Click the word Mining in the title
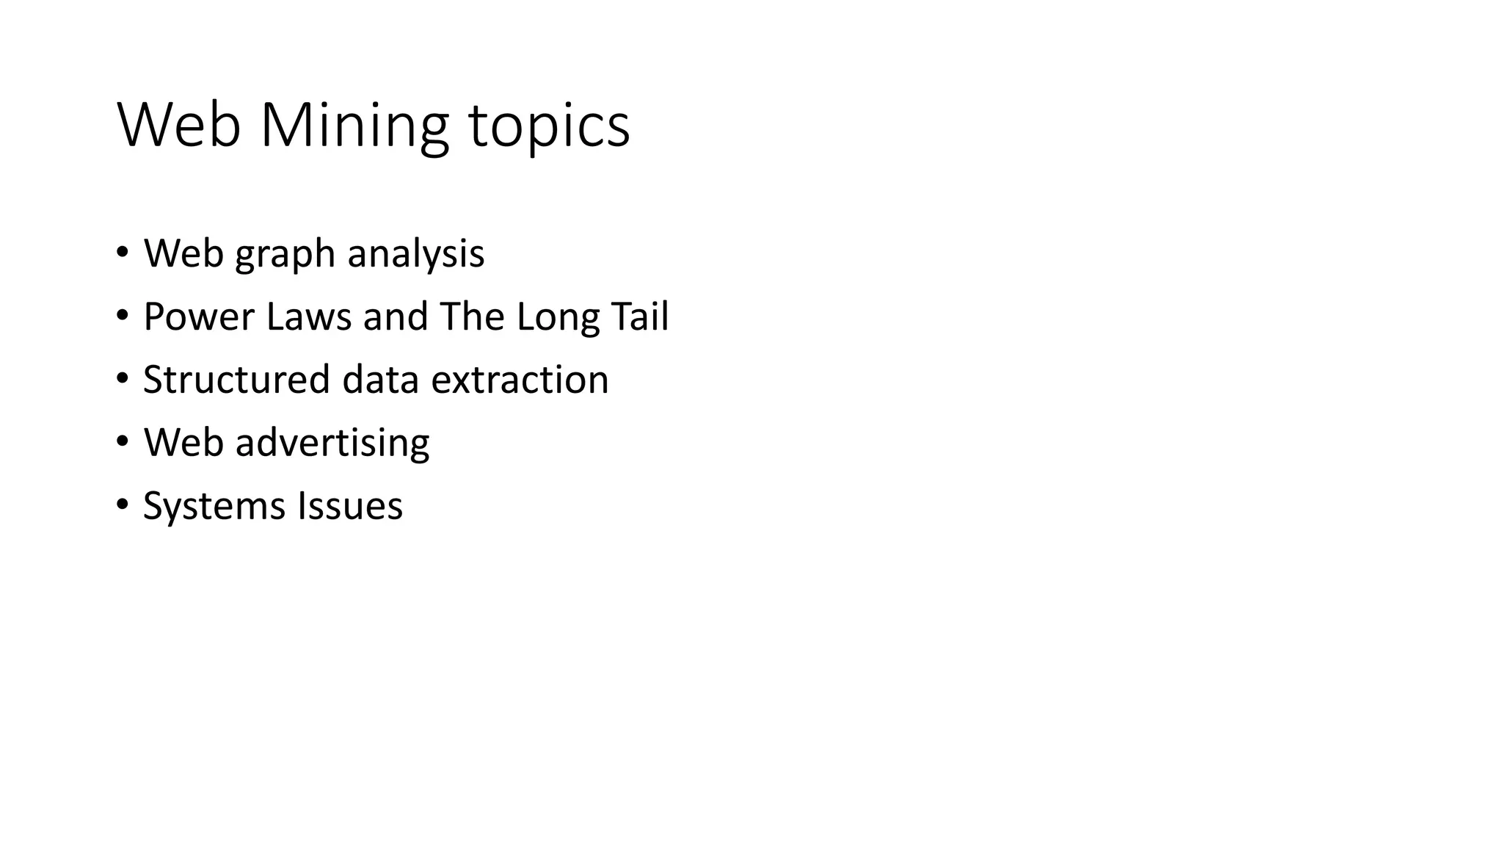[354, 126]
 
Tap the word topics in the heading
[549, 126]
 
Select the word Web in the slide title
[179, 126]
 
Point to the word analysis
[415, 254]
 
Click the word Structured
[236, 380]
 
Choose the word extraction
[520, 380]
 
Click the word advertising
[332, 444]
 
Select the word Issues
[350, 507]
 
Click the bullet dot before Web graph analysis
[122, 254]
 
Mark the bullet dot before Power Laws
[122, 317]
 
